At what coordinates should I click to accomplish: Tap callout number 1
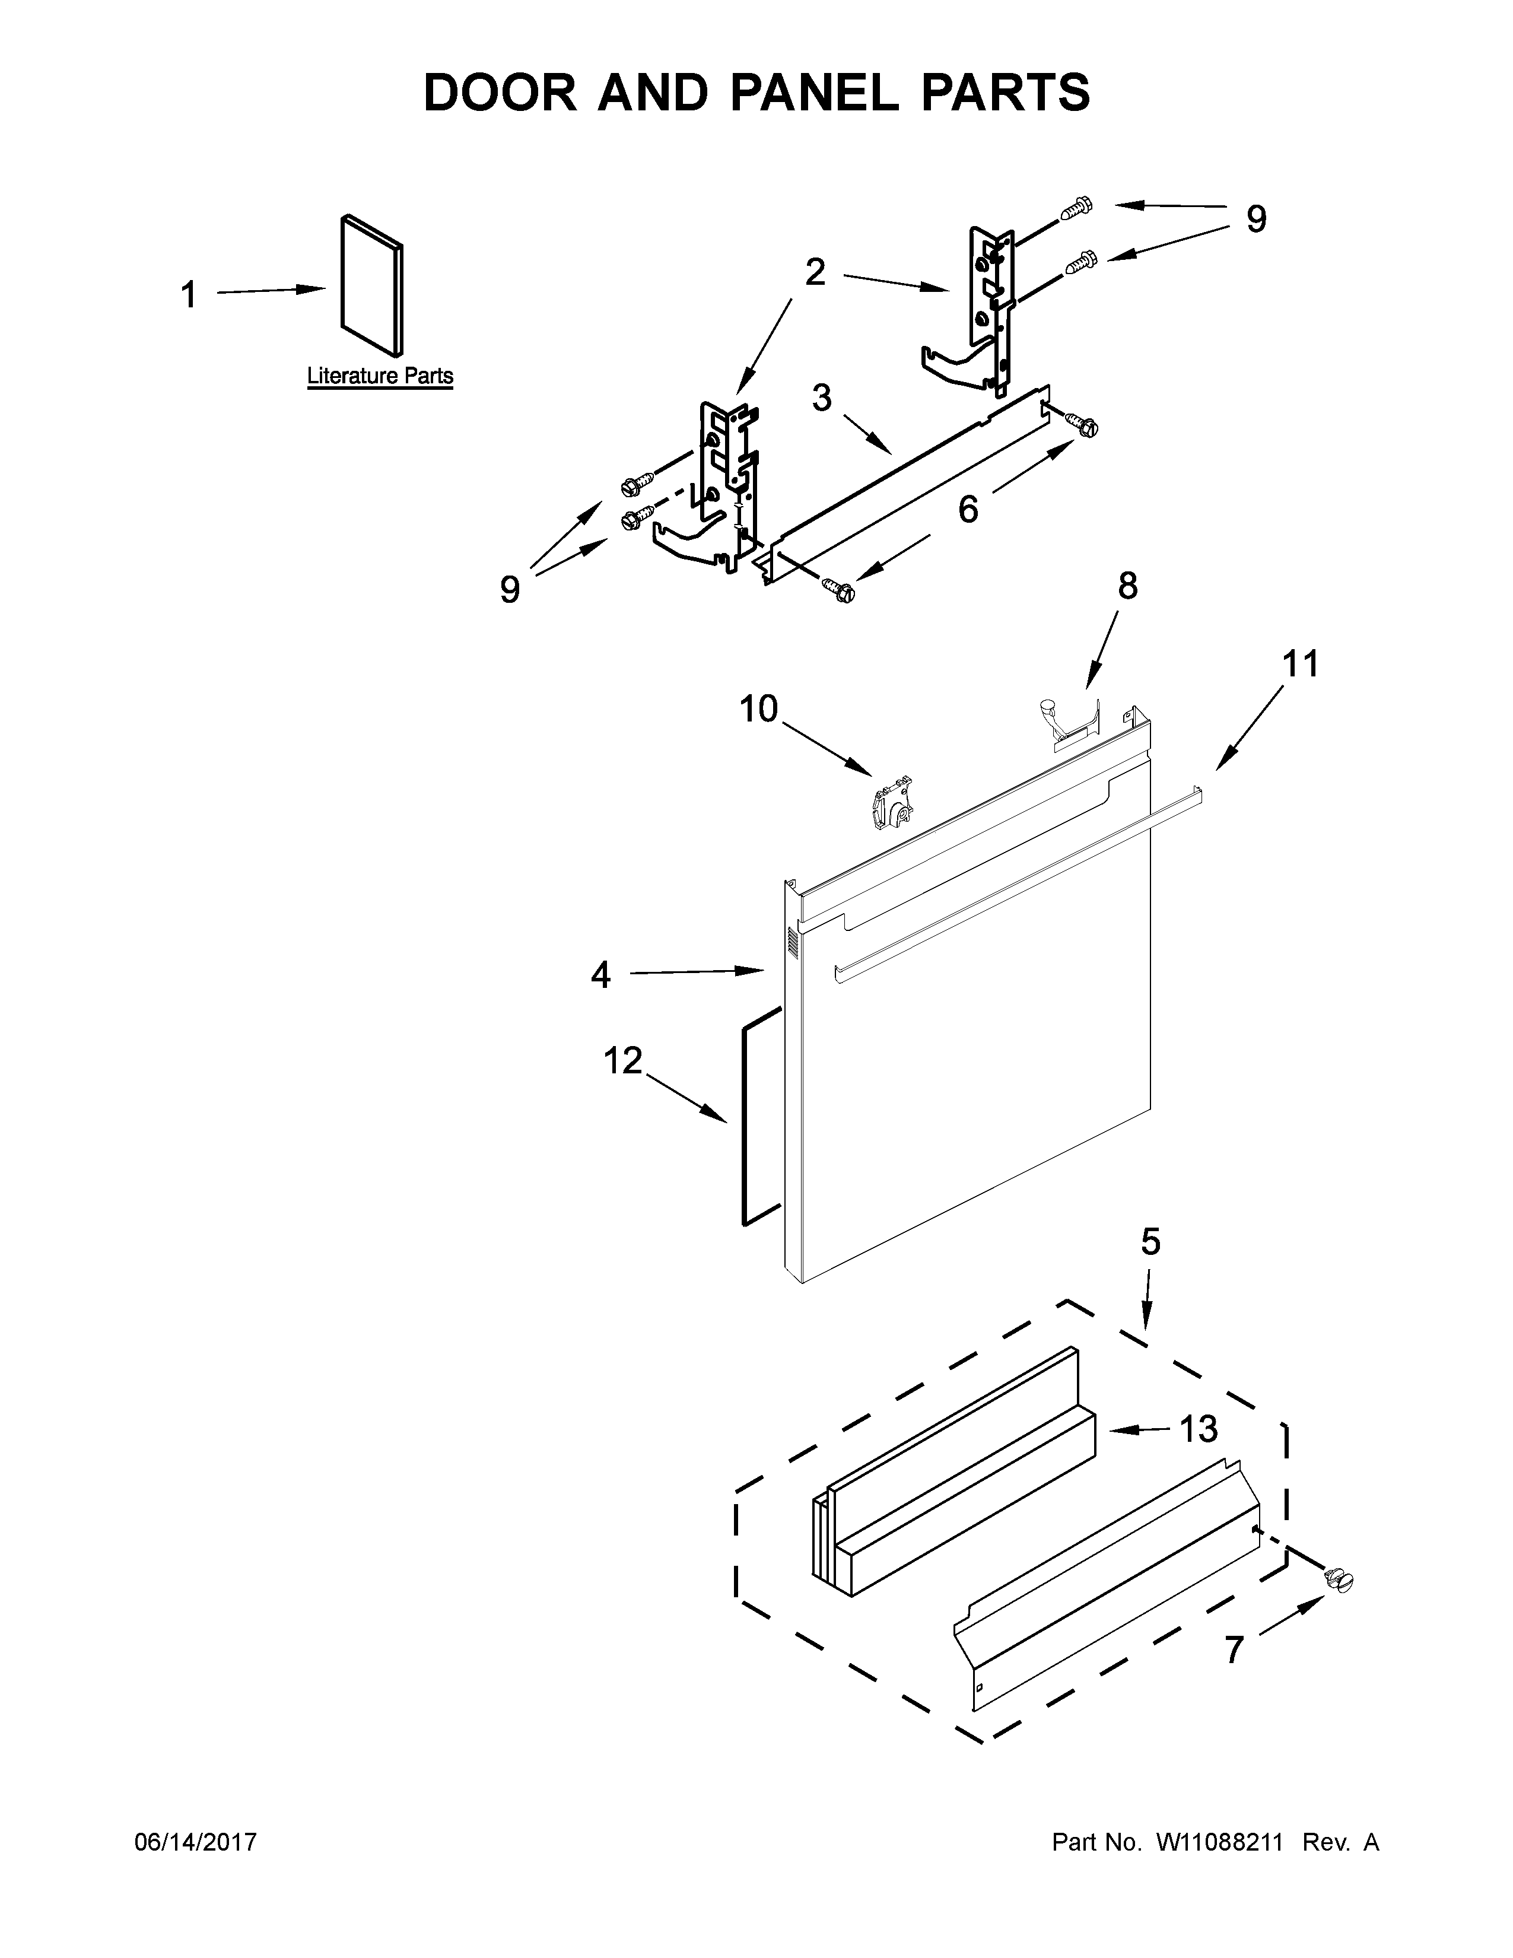click(188, 295)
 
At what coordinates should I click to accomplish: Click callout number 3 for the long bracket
click(822, 397)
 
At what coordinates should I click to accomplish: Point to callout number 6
click(968, 509)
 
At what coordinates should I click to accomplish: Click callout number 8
click(1127, 586)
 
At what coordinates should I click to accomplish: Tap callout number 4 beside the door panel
click(600, 974)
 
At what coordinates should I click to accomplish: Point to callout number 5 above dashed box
click(1150, 1242)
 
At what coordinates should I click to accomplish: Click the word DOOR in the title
click(502, 93)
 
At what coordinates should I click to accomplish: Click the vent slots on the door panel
click(792, 942)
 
